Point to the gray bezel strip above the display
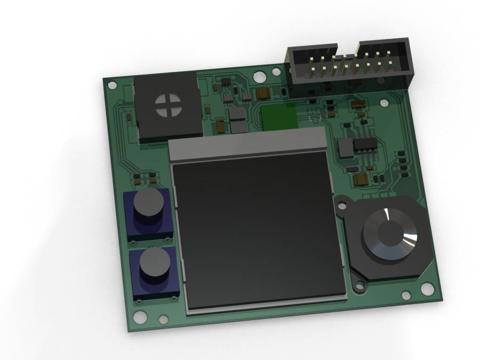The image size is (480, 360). click(x=247, y=144)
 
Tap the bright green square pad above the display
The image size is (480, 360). click(x=278, y=116)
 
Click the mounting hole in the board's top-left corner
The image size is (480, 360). click(x=112, y=84)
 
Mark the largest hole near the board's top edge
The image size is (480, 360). click(x=258, y=77)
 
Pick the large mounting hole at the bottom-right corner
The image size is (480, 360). click(x=428, y=289)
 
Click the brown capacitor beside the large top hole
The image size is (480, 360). click(x=263, y=94)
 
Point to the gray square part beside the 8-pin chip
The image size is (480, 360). click(x=346, y=148)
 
